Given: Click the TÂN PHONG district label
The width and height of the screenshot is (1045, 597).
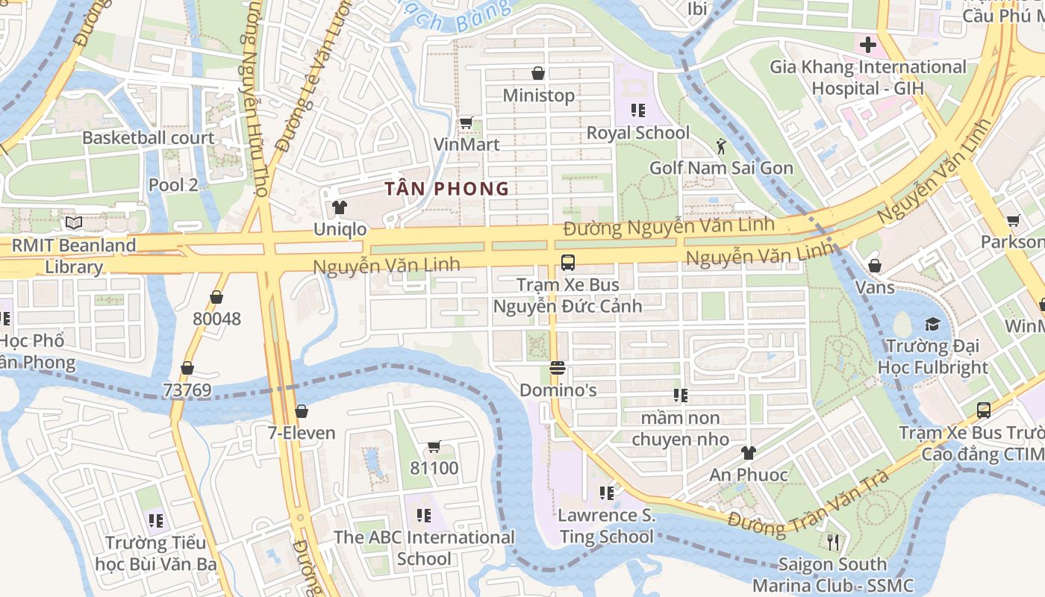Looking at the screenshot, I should [447, 189].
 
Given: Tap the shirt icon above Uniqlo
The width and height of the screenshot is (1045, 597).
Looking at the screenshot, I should [340, 207].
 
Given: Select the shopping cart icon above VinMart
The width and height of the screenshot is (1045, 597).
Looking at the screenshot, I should [466, 122].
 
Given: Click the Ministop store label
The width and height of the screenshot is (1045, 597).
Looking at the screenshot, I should [538, 96].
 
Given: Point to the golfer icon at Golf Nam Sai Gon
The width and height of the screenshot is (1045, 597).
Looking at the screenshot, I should [720, 146].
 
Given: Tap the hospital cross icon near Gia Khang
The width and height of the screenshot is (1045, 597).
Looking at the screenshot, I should [867, 45].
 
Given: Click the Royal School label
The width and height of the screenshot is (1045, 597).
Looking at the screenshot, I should [637, 133].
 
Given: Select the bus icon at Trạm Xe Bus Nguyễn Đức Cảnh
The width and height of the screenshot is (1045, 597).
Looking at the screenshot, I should [567, 263].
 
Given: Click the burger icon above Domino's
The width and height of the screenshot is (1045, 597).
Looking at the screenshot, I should [557, 368].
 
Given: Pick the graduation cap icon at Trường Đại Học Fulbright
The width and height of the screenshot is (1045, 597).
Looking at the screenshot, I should [932, 324].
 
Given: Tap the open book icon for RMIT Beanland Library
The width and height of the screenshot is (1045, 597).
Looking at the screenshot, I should [73, 223].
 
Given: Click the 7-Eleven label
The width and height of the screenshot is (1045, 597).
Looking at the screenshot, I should [302, 433].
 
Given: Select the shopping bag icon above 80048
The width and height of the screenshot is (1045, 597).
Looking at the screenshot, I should [216, 298].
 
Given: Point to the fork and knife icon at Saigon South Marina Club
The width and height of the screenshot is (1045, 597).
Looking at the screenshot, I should [833, 542].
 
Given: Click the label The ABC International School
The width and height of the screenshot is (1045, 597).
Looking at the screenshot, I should [424, 548].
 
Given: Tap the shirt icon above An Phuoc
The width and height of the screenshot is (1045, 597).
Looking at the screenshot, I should [748, 453].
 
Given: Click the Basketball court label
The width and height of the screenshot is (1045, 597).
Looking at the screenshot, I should [148, 138].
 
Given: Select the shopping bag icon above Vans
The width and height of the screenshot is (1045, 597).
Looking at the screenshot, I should [875, 266].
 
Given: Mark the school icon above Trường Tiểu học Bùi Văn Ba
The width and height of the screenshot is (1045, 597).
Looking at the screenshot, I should [155, 520].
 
